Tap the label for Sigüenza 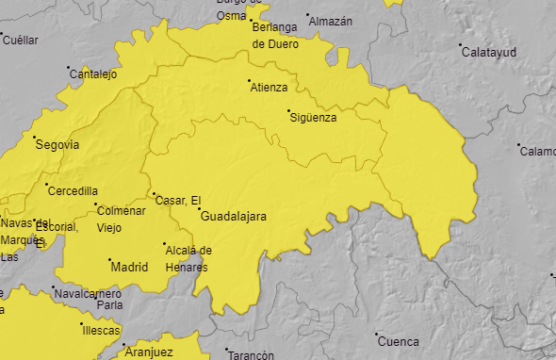point(314,118)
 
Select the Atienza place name point(270,88)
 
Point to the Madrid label point(130,268)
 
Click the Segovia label point(57,145)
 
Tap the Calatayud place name point(489,53)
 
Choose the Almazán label point(331,21)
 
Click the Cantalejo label point(93,74)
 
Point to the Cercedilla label point(73,191)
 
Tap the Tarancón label point(251,355)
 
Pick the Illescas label point(101,331)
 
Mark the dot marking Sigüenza point(289,111)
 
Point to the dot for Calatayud point(460,45)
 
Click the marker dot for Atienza point(250,81)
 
